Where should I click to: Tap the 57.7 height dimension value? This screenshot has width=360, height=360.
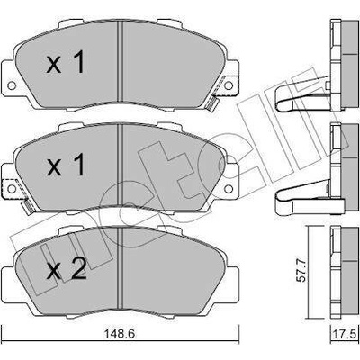pos(302,271)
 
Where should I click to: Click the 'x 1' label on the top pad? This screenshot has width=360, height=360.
pos(65,62)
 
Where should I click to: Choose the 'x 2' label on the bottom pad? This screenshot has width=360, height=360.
pos(67,268)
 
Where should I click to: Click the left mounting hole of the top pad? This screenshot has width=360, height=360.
pos(12,85)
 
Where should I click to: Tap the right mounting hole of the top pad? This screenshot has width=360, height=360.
pos(229,85)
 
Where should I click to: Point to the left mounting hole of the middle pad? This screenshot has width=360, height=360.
pos(12,189)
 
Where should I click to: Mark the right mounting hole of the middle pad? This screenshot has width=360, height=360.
pos(229,189)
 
